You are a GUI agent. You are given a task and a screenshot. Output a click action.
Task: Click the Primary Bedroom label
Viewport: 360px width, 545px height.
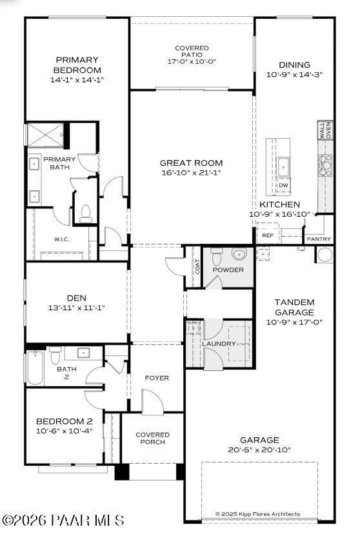coord(77,65)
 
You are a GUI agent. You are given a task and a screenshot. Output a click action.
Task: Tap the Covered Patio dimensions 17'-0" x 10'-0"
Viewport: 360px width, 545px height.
coord(192,62)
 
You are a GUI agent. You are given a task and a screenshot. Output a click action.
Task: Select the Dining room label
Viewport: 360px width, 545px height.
coord(294,64)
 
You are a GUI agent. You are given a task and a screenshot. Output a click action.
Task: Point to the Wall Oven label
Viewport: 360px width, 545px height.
coord(325,130)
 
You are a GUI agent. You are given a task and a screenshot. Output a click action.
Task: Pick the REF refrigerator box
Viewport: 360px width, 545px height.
coord(268,235)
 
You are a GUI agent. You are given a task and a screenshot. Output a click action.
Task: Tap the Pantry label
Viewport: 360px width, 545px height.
coord(319,239)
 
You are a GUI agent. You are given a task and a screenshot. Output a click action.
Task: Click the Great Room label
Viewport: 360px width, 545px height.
coord(191,163)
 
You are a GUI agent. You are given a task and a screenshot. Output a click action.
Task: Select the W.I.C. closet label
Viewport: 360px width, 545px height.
coord(61,239)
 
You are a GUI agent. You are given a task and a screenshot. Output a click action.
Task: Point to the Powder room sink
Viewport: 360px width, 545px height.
coord(239,253)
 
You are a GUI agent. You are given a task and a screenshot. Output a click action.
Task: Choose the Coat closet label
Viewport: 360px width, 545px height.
coord(197,266)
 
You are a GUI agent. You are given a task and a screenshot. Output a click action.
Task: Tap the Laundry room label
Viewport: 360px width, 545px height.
coord(219,344)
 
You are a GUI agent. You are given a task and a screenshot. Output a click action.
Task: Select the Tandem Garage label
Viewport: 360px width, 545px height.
coord(294,307)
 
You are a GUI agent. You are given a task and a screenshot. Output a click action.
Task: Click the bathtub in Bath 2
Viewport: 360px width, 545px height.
coord(35,368)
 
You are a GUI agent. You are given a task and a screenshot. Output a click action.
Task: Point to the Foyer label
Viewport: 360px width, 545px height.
coord(157,378)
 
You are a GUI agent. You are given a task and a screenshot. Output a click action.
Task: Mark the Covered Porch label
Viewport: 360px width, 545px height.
coord(152,439)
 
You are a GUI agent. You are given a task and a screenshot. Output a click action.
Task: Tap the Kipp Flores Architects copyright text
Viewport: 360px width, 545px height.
coord(257,514)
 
